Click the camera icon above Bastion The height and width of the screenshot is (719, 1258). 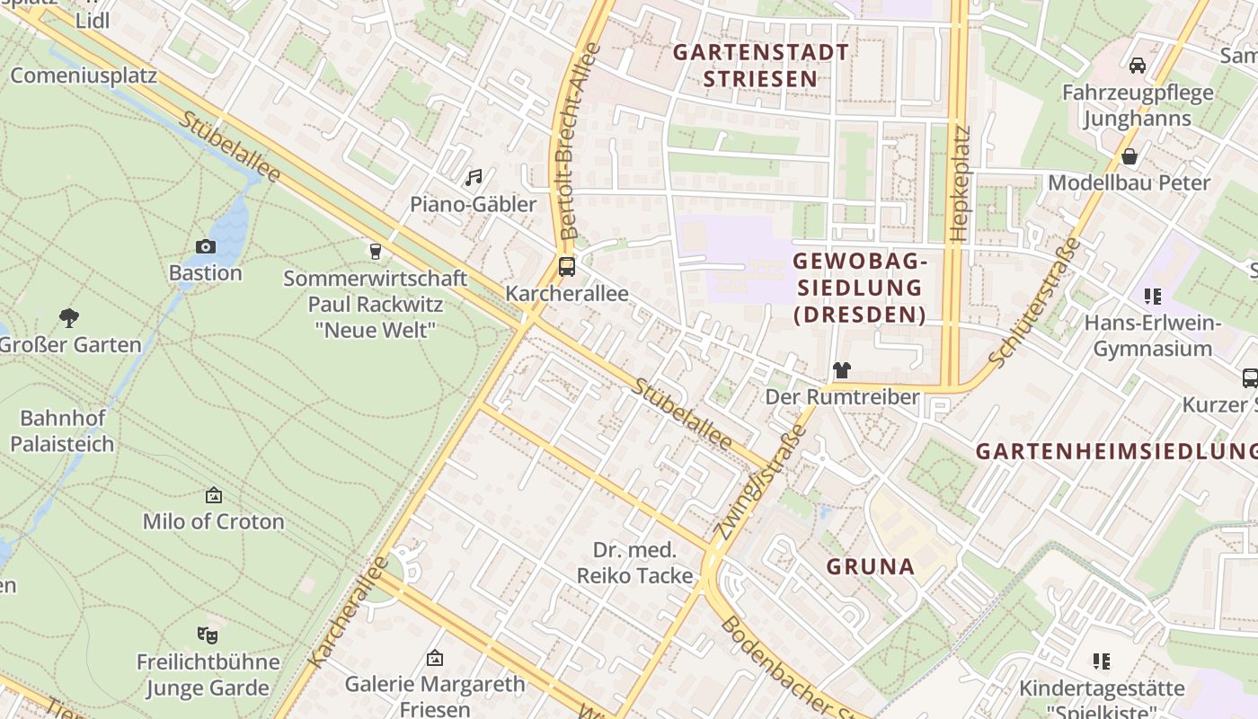(205, 246)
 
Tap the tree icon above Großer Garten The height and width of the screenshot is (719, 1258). (69, 317)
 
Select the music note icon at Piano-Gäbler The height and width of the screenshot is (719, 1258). (474, 178)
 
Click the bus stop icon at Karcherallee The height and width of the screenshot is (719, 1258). (566, 267)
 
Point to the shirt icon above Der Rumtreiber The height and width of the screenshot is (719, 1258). (841, 369)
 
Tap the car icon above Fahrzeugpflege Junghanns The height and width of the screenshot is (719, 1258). (1137, 66)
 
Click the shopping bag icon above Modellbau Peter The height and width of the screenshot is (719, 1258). (1129, 156)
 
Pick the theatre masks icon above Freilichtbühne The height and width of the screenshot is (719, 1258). (208, 635)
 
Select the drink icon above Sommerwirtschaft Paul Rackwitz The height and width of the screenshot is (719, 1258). (376, 251)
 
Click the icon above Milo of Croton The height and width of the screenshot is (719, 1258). (213, 495)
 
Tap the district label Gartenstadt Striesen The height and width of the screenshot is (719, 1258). (760, 65)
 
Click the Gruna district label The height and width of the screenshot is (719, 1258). (870, 566)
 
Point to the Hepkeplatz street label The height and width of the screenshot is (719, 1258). (960, 183)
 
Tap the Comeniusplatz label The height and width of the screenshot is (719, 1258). (84, 75)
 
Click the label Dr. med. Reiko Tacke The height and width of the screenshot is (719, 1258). (634, 563)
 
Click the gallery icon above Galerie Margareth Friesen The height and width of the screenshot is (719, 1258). (435, 658)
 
